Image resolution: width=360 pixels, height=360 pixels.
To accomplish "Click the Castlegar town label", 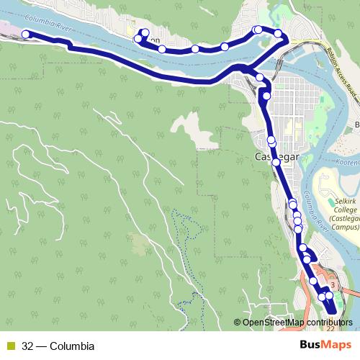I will point(272,155).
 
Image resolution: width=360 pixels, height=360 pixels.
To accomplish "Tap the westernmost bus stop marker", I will point(26,34).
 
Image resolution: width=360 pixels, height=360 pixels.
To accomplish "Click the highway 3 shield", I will point(333,286).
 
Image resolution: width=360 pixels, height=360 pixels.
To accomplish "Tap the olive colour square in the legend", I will point(10,346).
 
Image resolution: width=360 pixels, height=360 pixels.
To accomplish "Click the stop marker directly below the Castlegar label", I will point(276,163).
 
